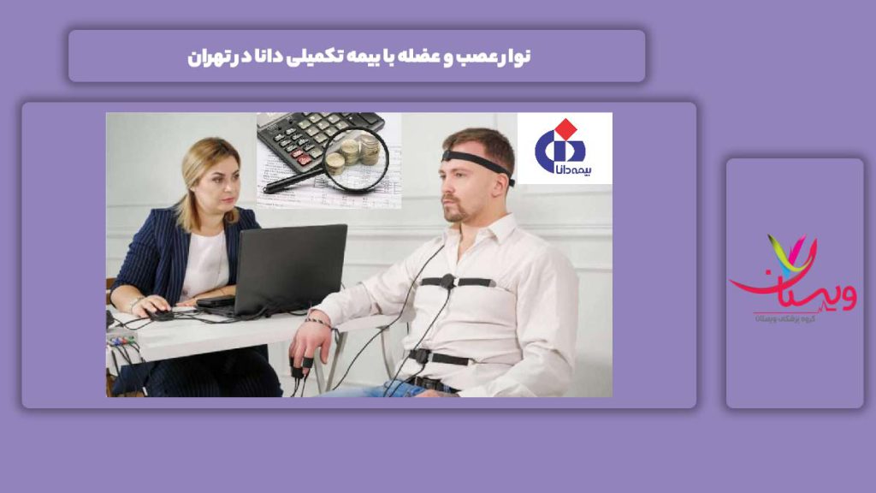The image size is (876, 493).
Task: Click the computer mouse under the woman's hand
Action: tap(161, 314)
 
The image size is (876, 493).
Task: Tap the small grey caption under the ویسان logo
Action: tap(794, 318)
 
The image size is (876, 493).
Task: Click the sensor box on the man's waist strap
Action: tap(419, 355)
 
